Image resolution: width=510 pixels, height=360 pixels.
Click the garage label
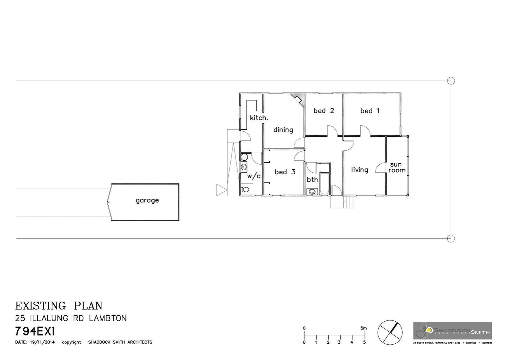147,200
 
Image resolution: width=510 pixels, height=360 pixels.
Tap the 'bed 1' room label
370,111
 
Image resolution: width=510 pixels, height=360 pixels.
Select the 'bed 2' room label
324,111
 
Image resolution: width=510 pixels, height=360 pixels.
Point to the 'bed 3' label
285,172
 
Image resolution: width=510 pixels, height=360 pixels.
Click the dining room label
283,130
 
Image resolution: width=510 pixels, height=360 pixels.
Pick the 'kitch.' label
259,118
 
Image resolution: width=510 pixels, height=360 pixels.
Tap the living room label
360,170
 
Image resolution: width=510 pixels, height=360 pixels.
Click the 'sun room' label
397,167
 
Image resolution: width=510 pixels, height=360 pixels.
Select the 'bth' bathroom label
312,180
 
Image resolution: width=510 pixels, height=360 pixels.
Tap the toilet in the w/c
245,189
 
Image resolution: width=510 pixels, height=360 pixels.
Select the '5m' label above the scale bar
363,328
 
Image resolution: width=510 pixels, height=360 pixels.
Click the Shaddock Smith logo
452,331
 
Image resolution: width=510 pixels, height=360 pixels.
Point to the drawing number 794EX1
35,332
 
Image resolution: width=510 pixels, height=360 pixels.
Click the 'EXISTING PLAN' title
59,306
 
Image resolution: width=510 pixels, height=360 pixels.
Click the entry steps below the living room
348,202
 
